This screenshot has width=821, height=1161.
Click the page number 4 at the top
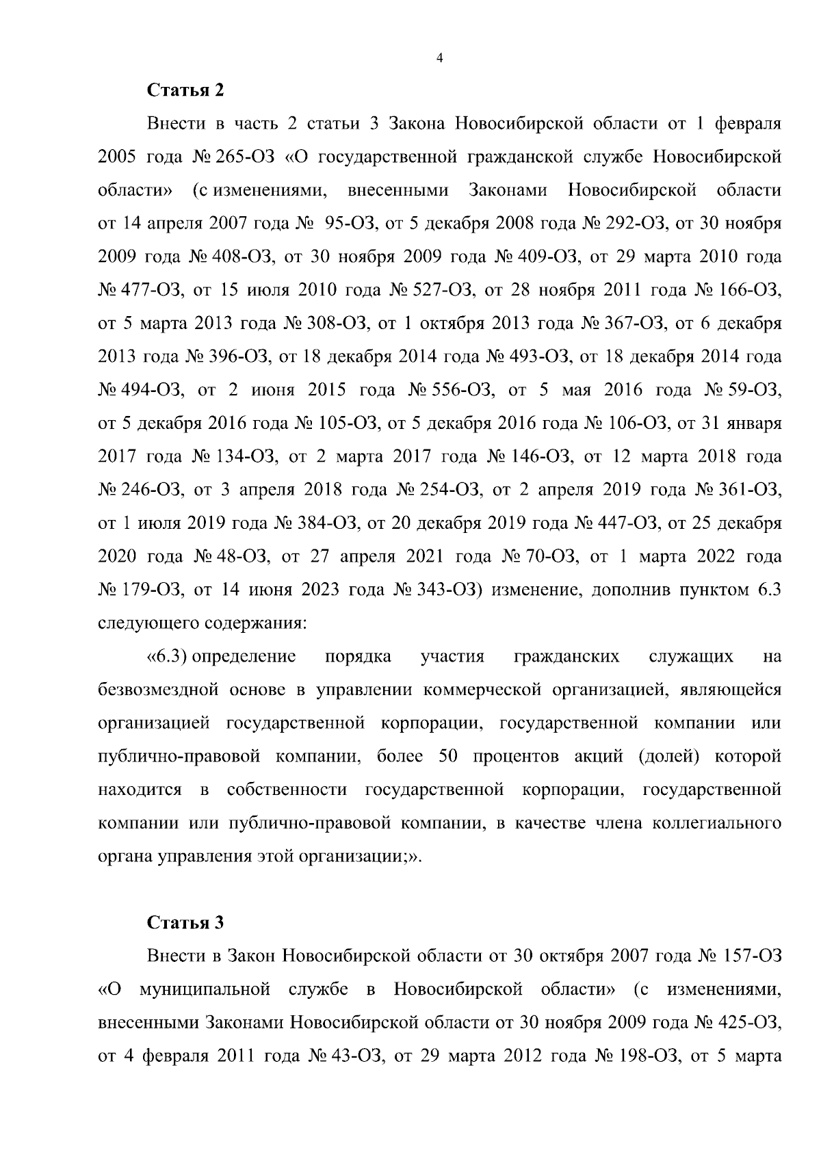[439, 59]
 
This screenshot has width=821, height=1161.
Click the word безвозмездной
[158, 689]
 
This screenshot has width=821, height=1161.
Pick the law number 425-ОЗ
[751, 1022]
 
